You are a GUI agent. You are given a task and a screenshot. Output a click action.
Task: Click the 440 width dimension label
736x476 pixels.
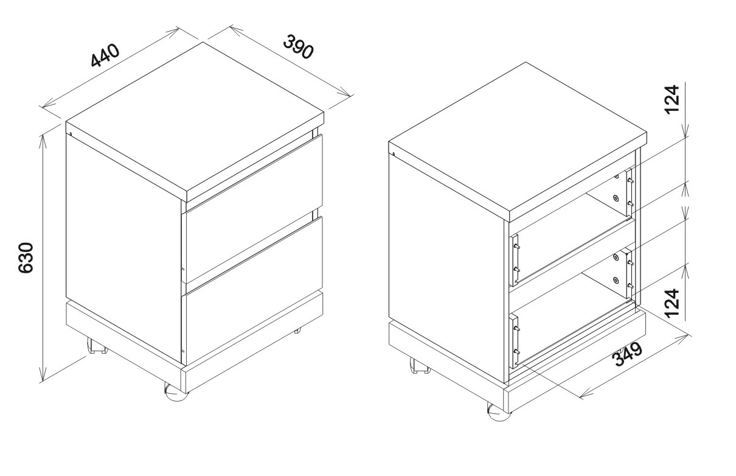tap(105, 55)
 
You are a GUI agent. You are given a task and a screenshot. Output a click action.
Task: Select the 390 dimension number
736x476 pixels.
tap(298, 47)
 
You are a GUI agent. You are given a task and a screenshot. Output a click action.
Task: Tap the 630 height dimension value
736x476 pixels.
tap(26, 257)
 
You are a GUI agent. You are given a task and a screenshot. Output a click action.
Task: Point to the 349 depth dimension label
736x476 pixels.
tap(628, 354)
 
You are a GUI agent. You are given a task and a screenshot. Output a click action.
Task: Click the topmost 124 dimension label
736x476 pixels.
tap(672, 100)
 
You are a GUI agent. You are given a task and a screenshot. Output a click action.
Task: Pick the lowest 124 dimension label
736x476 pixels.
tap(672, 303)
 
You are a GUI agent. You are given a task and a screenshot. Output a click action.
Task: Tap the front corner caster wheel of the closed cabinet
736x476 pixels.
tap(176, 393)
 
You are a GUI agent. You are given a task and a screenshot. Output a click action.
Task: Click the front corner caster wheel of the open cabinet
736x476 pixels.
tap(499, 412)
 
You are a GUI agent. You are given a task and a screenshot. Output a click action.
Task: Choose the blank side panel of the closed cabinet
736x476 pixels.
tap(124, 248)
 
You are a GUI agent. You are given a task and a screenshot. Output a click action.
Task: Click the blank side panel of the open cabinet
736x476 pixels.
tap(446, 268)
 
